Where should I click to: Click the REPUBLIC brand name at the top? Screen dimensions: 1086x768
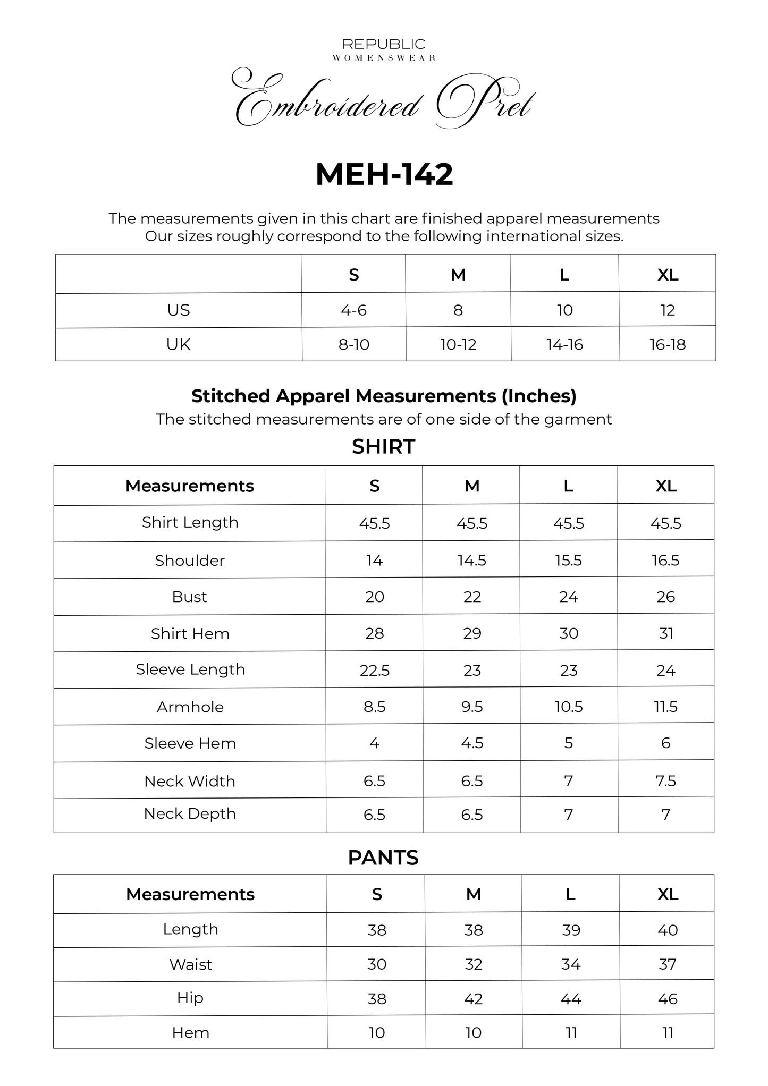point(384,44)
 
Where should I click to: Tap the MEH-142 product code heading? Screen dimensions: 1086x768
point(384,174)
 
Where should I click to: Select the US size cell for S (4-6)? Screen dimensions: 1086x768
point(353,310)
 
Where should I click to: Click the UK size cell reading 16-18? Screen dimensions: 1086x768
point(668,345)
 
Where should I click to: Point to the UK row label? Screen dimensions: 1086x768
point(178,345)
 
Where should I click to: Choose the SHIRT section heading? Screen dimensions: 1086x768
point(383,447)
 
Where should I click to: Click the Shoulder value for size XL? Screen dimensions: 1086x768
point(665,561)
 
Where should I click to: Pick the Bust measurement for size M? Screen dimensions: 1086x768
point(472,597)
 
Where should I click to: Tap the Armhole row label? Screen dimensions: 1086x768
point(190,707)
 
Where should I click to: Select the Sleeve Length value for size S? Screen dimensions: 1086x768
point(375,671)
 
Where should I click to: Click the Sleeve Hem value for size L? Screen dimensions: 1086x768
point(569,743)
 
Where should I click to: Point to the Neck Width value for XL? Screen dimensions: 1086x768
point(665,781)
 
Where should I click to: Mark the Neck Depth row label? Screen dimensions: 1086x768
point(190,814)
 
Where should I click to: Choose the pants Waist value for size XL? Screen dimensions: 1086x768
point(668,964)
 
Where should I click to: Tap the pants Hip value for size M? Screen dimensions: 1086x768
point(474,999)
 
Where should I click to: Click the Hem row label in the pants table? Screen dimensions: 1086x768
point(190,1033)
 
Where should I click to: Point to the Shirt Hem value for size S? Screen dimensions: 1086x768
point(375,633)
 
